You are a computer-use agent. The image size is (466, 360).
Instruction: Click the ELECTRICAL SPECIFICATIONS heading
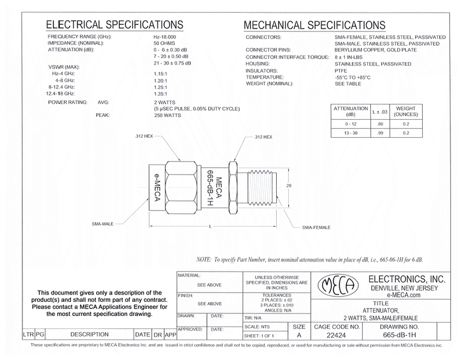pos(114,25)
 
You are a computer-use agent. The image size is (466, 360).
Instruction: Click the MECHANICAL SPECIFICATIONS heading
pos(314,25)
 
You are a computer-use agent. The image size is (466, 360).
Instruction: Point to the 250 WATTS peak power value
pos(168,116)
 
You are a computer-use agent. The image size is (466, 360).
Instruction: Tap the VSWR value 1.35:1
pos(162,94)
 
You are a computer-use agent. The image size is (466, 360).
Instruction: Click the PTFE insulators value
pos(341,70)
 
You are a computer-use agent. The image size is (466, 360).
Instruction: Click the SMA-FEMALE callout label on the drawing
pos(316,227)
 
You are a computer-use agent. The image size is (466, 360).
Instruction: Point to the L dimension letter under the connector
pos(211,227)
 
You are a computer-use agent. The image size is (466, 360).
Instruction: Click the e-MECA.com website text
pos(404,295)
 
